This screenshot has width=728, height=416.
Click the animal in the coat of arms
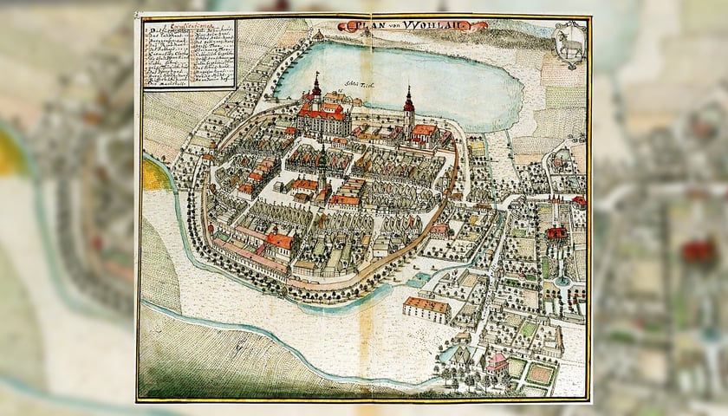569,49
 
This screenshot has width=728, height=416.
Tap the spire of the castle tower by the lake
316,82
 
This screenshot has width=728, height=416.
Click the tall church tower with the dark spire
408,102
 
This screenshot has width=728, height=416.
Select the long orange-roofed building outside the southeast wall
426,307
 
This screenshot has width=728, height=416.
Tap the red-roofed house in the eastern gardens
556,233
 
